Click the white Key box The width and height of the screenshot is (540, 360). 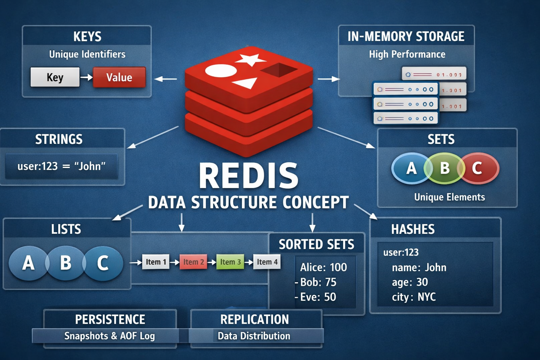click(55, 77)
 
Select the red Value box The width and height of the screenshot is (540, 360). click(119, 77)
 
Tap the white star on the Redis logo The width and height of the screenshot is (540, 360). click(250, 59)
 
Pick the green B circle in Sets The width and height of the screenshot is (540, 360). click(444, 168)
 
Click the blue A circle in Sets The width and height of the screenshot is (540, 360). click(411, 168)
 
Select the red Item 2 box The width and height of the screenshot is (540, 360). click(193, 262)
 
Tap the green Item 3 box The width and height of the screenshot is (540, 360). click(230, 262)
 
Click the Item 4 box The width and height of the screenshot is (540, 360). click(267, 262)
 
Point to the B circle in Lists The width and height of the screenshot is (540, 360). click(65, 263)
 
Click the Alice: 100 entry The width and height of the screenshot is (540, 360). click(323, 267)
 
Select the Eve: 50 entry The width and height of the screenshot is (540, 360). click(318, 297)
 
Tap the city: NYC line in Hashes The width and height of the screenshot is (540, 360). click(414, 297)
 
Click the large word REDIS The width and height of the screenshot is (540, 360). click(249, 176)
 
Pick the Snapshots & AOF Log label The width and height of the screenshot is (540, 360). click(109, 336)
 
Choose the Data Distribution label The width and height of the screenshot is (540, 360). click(254, 336)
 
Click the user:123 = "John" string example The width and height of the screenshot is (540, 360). click(62, 166)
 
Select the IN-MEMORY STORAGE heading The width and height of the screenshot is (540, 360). click(406, 37)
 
